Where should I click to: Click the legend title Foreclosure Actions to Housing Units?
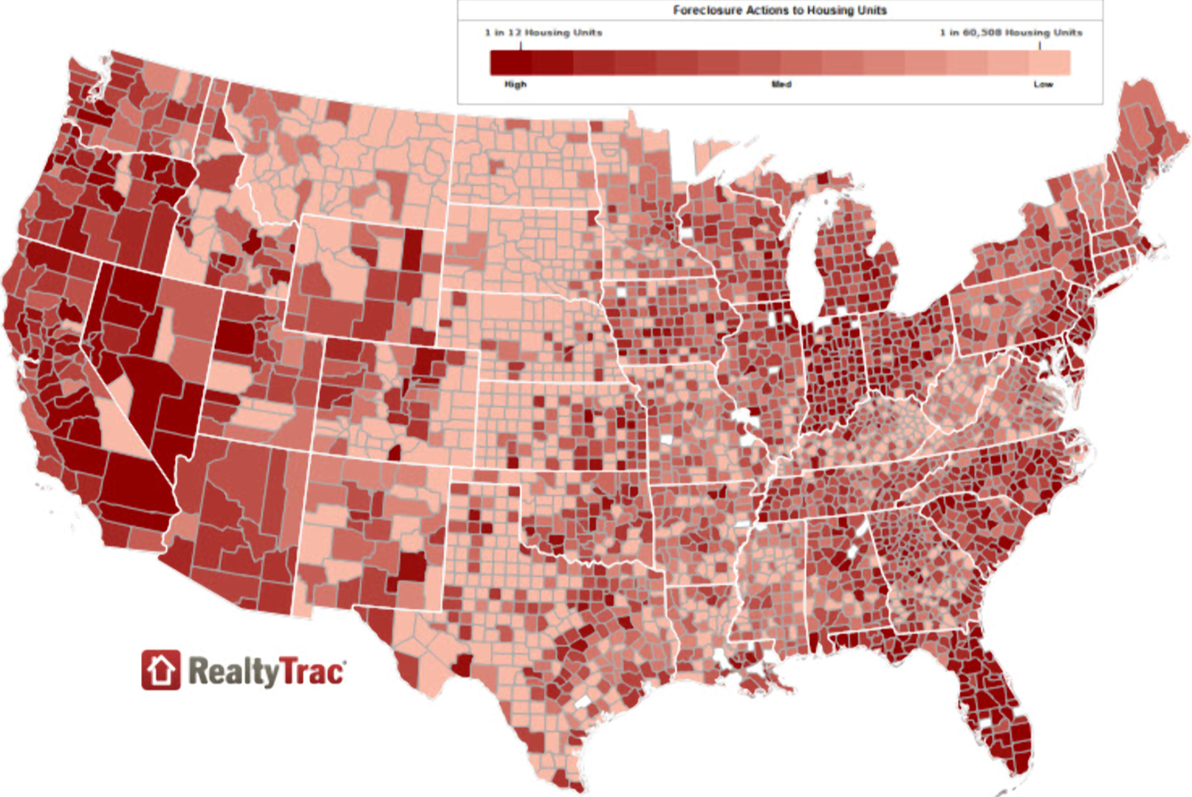(x=779, y=10)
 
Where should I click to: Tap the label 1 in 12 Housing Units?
(x=544, y=32)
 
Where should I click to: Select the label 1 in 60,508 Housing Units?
(x=1010, y=32)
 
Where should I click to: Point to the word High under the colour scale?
(x=515, y=84)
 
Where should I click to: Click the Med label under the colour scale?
(x=781, y=84)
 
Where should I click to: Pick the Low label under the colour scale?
(x=1043, y=84)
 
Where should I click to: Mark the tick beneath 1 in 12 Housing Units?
(x=521, y=45)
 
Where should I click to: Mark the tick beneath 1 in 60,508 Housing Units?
(x=1040, y=45)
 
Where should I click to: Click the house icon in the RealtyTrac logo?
(x=160, y=670)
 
